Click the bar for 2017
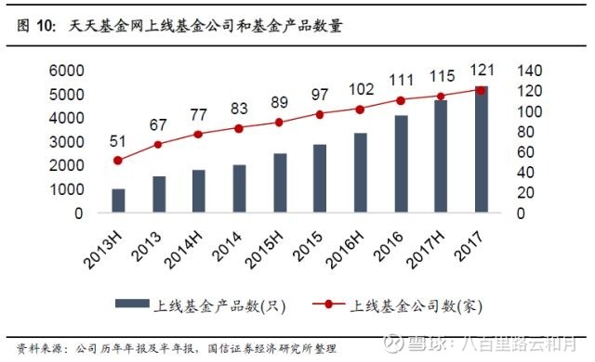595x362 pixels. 482,150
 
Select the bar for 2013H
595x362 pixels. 118,201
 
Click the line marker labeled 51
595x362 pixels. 118,161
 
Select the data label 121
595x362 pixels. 482,71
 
